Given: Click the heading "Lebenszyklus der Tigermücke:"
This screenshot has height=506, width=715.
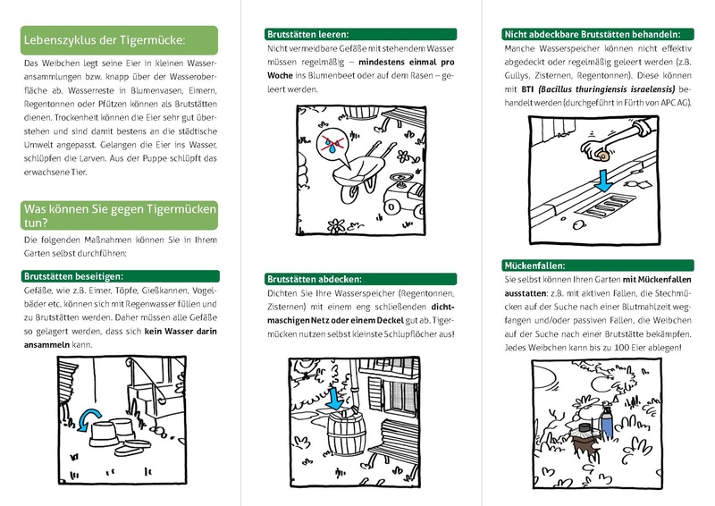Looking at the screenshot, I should pos(105,41).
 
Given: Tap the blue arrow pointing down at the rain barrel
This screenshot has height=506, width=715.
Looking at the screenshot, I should pos(335,402).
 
